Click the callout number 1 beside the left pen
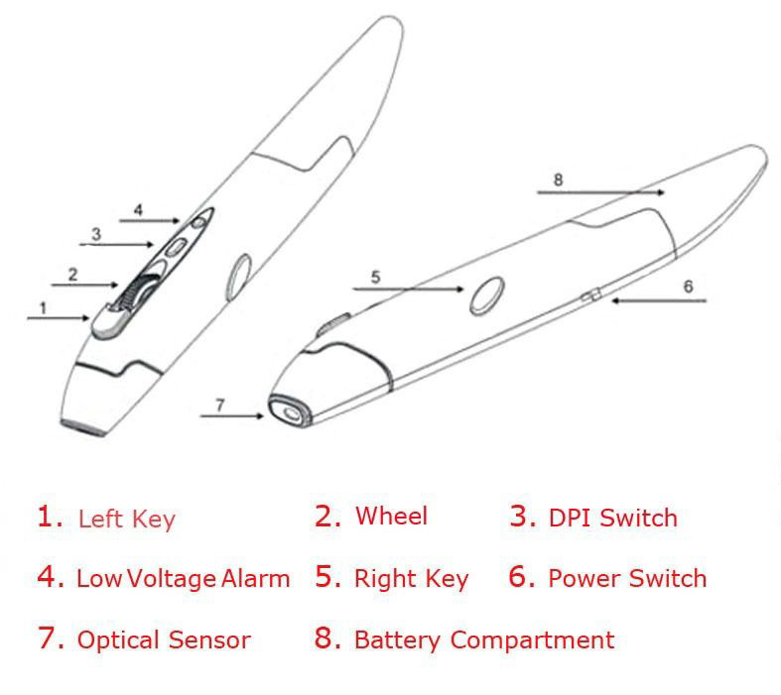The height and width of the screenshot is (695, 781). tap(43, 307)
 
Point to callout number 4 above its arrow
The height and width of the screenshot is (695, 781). tap(139, 210)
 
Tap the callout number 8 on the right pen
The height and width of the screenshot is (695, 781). tap(558, 179)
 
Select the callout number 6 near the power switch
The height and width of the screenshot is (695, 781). tap(688, 286)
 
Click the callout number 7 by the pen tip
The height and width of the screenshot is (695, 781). tap(220, 404)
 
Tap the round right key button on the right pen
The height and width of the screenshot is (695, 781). tap(486, 294)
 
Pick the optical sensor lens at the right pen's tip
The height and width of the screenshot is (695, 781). tap(288, 412)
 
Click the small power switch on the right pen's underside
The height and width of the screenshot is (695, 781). tap(589, 295)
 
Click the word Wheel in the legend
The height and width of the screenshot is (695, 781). tap(391, 517)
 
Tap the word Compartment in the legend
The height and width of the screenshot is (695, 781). tap(532, 640)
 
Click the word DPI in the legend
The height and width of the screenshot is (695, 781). tap(569, 518)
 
